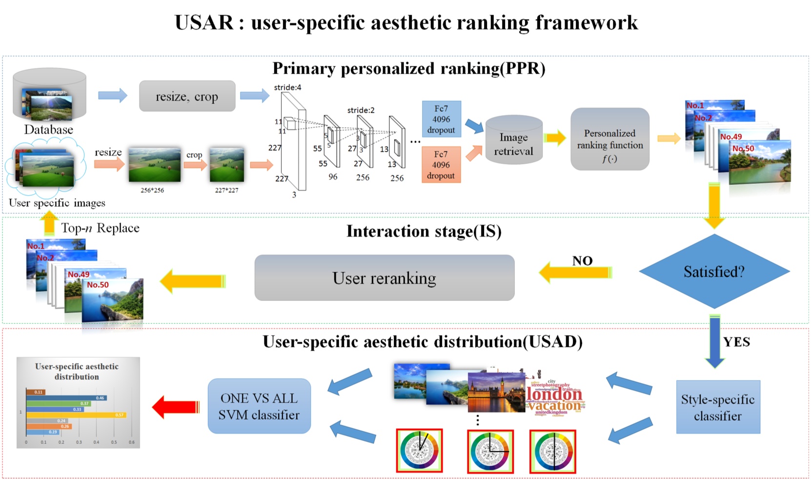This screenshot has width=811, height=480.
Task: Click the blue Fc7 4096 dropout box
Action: [441, 119]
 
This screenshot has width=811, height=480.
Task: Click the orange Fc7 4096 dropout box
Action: [441, 165]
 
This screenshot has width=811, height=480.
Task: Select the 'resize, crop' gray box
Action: [187, 97]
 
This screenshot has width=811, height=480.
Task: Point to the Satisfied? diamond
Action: [714, 271]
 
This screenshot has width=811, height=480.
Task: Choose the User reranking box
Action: [384, 278]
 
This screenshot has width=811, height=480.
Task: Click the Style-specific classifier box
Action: [718, 407]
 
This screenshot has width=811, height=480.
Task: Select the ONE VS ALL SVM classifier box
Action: [259, 406]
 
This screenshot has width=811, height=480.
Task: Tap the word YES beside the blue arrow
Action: [736, 342]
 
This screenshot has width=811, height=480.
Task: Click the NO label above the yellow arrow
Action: [582, 261]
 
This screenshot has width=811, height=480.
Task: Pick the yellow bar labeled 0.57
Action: [76, 415]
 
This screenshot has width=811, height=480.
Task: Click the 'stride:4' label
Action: [287, 87]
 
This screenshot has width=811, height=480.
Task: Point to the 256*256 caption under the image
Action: [152, 190]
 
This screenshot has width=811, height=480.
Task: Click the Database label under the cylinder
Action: [49, 130]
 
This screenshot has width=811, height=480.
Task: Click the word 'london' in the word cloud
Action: [554, 395]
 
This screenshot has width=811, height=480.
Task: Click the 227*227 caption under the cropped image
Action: [227, 190]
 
